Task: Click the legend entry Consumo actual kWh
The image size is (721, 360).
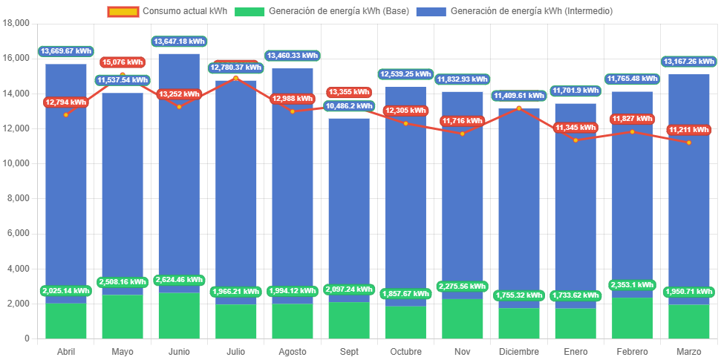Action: [x=168, y=11]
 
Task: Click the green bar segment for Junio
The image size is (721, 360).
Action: [x=179, y=315]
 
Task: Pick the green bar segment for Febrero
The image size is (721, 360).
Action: [x=632, y=318]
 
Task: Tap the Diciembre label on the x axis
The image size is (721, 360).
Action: [x=519, y=351]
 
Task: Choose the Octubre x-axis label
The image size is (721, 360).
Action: [x=405, y=351]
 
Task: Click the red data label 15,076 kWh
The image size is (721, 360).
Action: [x=123, y=62]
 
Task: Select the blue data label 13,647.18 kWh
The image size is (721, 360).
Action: [x=179, y=41]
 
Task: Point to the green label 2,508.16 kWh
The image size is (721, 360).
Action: [x=123, y=282]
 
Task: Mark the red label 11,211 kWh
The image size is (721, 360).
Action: [x=689, y=130]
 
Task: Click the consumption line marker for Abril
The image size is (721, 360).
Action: [x=66, y=114]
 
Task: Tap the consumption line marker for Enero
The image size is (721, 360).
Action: [x=575, y=140]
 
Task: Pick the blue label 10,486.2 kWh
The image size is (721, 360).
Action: [x=349, y=106]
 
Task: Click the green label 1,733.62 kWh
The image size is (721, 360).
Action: [x=575, y=295]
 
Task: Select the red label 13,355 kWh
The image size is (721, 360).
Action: [x=349, y=92]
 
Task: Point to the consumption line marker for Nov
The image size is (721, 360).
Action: [x=462, y=134]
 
